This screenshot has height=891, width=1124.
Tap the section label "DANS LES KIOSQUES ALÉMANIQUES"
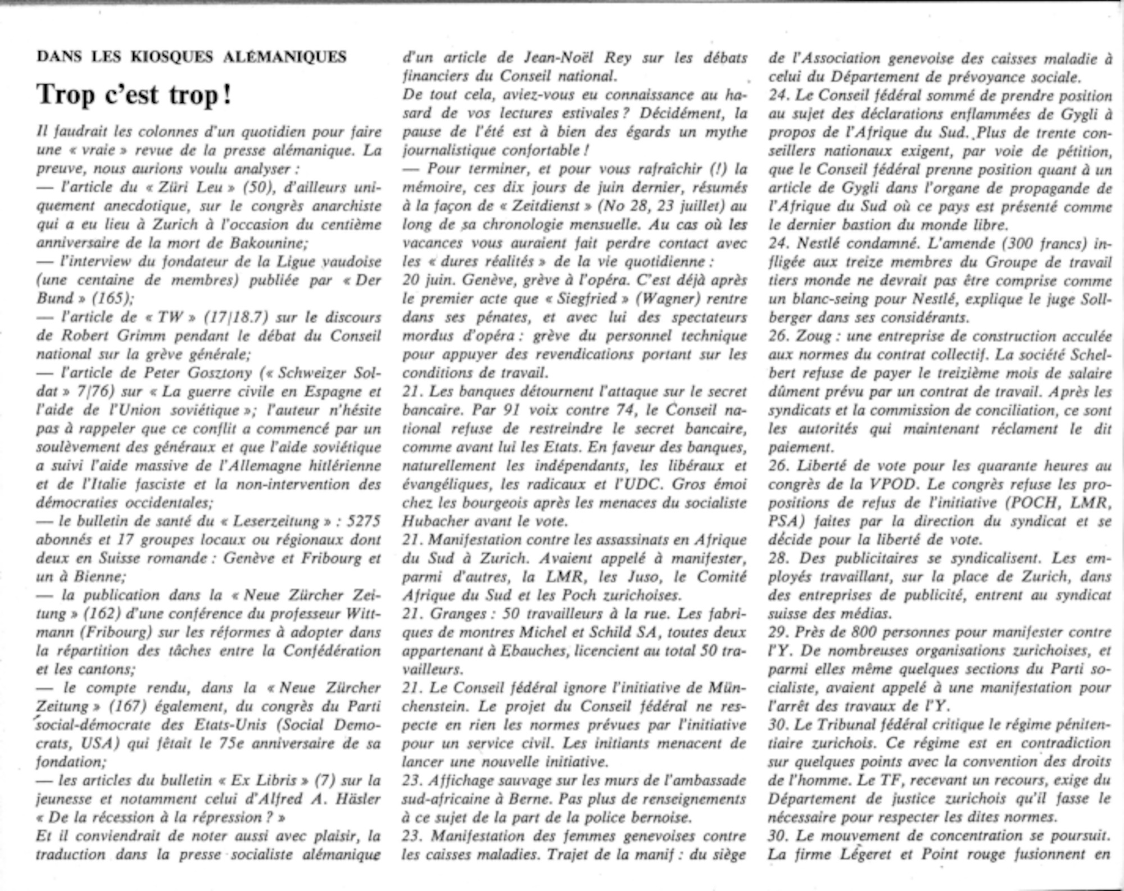pyautogui.click(x=191, y=57)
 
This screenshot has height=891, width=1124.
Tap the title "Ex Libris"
pyautogui.click(x=265, y=780)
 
